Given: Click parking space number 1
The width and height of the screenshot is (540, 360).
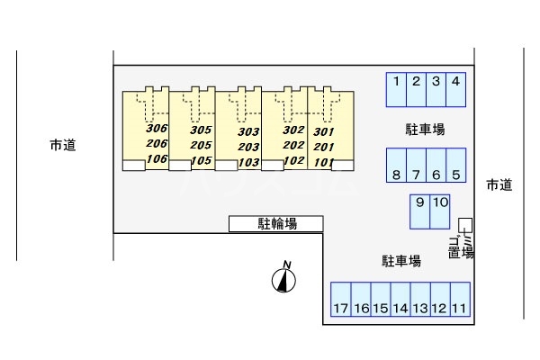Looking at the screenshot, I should pos(396,89).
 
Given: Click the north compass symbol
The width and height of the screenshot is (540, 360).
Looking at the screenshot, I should pos(283,282).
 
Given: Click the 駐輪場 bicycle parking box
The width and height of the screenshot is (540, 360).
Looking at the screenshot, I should pos(276,223).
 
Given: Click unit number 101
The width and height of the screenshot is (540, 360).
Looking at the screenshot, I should pos(324,162).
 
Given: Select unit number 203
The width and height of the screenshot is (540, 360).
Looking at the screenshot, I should pos(248,147).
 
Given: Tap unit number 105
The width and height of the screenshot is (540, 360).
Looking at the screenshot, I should pos(202,161).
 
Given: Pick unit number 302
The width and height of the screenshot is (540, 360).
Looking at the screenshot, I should pos(293,130).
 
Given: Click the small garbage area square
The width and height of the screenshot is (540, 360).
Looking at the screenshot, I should pos(464,224).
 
